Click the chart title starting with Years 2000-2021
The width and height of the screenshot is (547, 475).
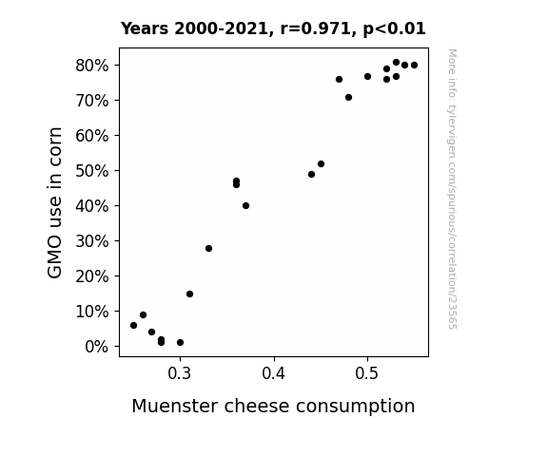coord(273,28)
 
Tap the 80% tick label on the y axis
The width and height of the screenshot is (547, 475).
coord(91,66)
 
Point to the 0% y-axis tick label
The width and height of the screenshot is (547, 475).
coord(96,347)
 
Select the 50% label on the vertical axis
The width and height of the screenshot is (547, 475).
coord(91,171)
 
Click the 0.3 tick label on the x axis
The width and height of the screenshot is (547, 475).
coord(180,373)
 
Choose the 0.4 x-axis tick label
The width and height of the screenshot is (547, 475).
coord(274,373)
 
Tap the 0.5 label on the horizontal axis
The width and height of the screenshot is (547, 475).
coord(367,373)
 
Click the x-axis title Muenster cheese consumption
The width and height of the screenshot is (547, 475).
coord(273,407)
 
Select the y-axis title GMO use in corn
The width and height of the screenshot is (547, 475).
coord(54,202)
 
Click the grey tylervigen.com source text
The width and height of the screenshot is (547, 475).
coord(453,189)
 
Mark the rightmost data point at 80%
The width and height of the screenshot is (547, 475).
coord(414,66)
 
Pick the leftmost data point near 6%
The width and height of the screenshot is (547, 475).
coord(133,326)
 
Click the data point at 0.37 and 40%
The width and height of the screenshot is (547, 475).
coord(246,206)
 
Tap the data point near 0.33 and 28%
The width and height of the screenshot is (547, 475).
coord(208,249)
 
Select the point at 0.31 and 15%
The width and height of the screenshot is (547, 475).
coord(189,294)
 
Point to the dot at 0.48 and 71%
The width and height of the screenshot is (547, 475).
coord(348,98)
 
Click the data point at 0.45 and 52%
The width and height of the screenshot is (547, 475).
coord(321,163)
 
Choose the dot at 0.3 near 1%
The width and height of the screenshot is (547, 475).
coord(180,343)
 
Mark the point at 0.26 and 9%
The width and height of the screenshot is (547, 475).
coord(143,315)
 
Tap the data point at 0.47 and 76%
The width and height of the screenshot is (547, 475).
coord(339,80)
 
